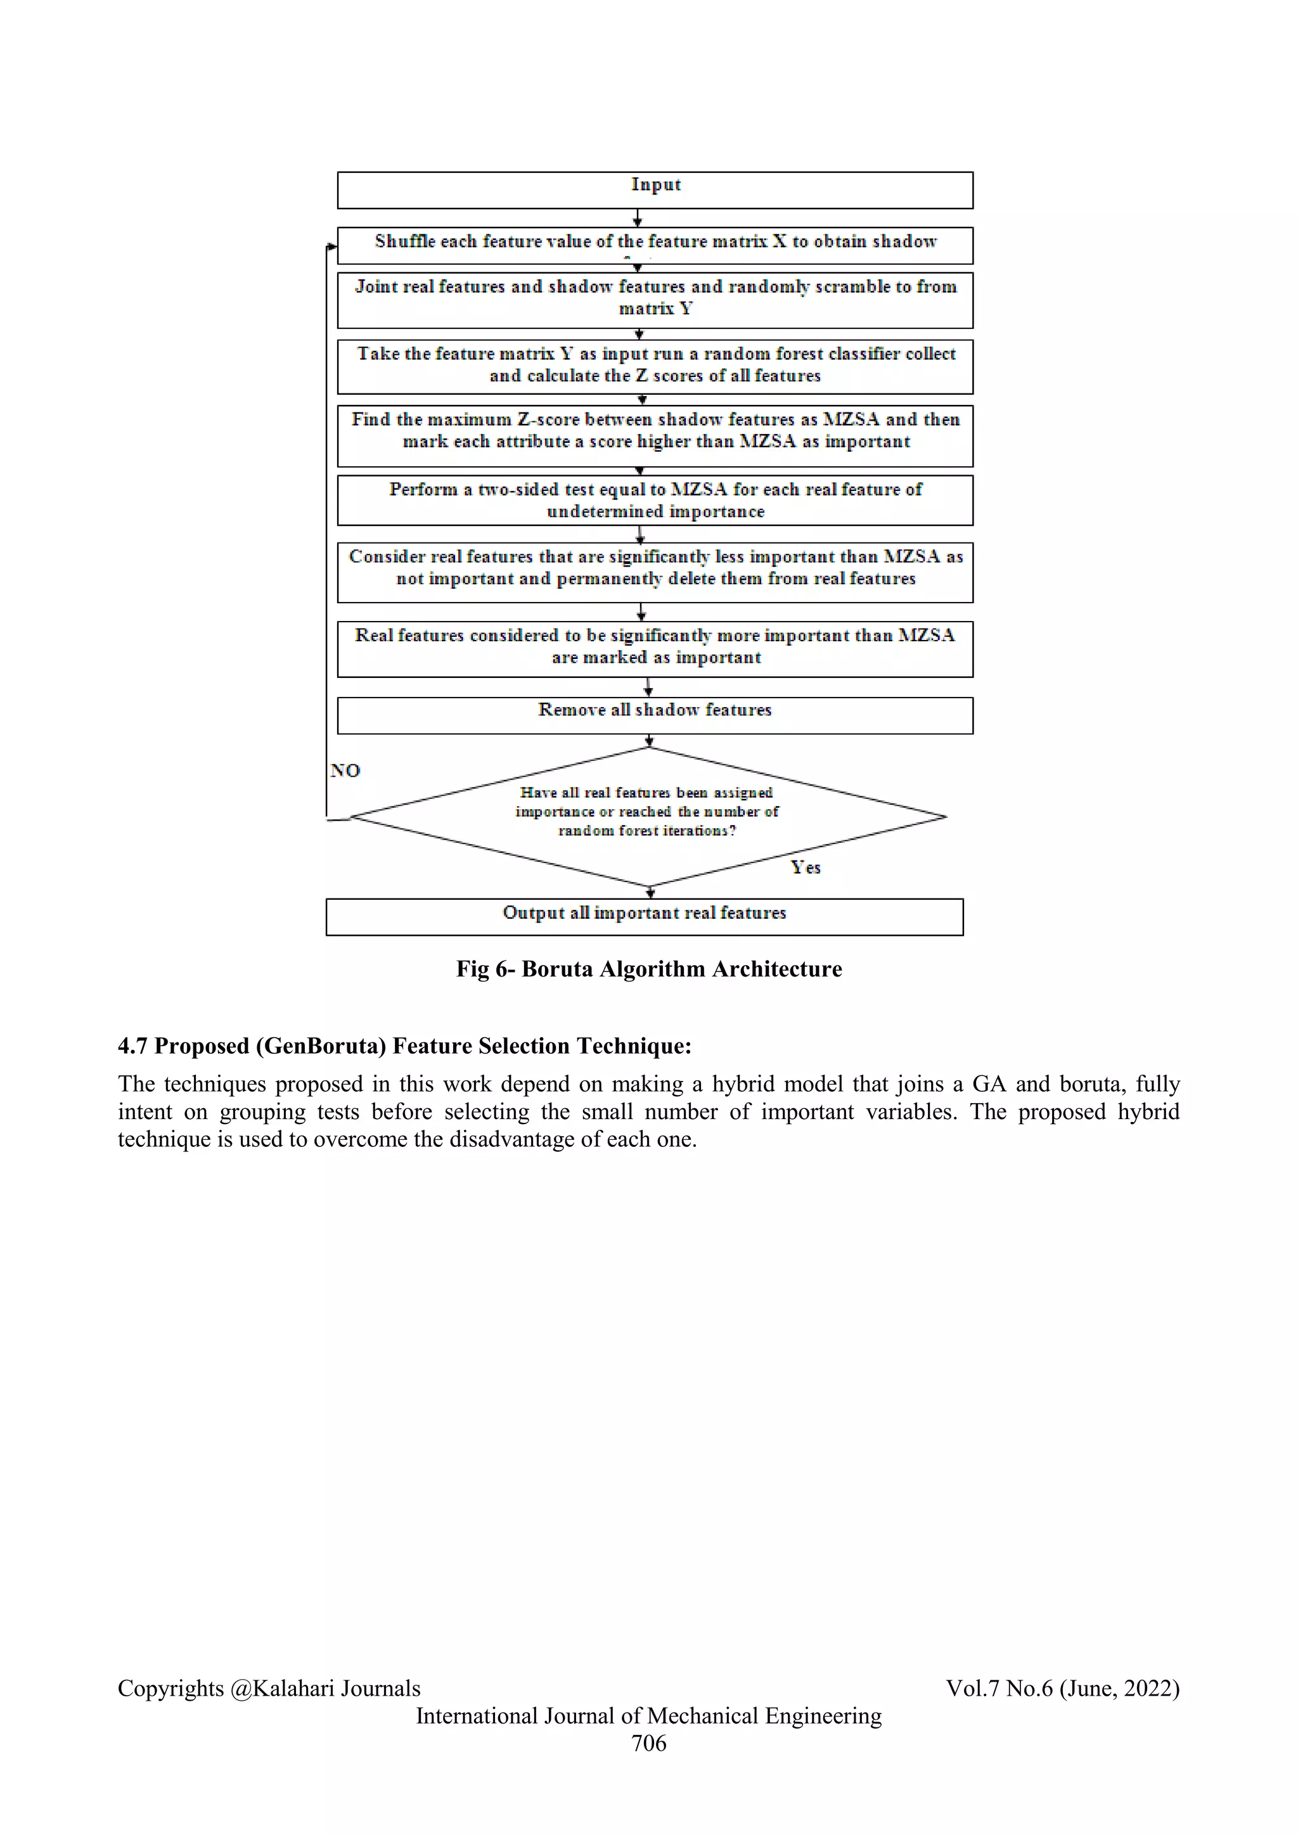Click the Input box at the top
(x=655, y=189)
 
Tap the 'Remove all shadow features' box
(x=655, y=715)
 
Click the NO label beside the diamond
(x=345, y=770)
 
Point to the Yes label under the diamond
(x=806, y=868)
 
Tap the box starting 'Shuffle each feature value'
(x=655, y=245)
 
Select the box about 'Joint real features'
(x=655, y=300)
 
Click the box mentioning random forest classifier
(x=655, y=366)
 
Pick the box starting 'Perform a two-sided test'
(x=655, y=501)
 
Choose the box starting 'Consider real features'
(x=655, y=572)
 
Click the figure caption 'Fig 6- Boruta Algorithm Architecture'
(x=648, y=969)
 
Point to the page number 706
(x=648, y=1742)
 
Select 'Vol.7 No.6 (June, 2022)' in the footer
(x=1062, y=1688)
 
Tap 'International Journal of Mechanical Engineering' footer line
(x=648, y=1715)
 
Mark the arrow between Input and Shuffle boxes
(x=637, y=218)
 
